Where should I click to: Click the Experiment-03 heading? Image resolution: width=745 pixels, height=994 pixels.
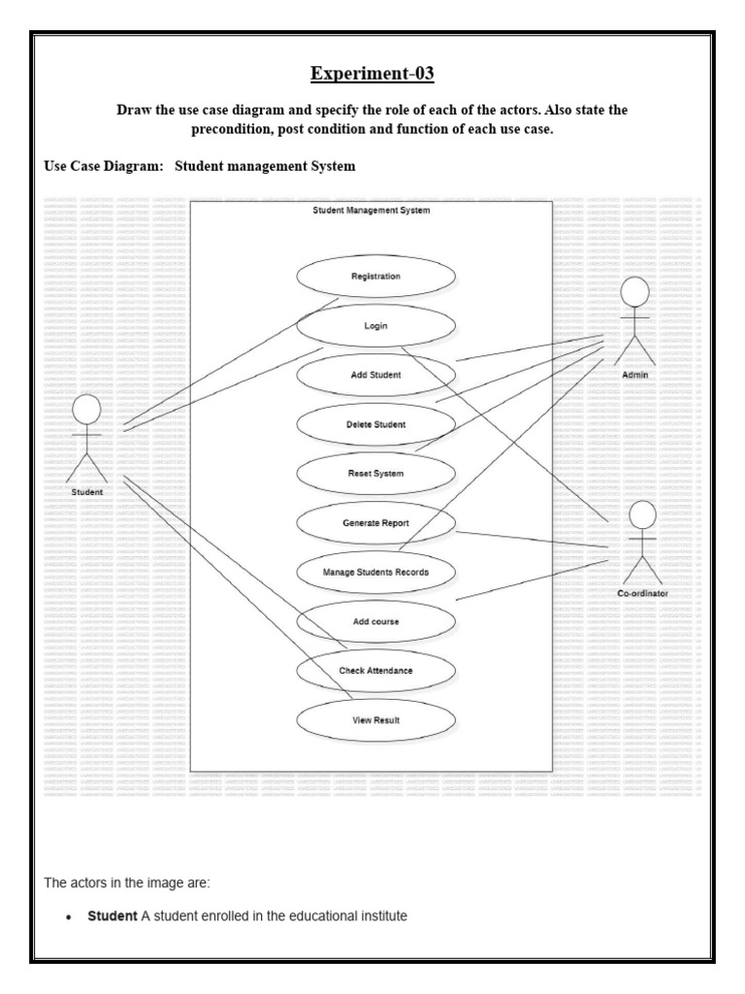point(372,74)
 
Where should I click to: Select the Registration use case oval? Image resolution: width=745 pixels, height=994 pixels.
point(375,277)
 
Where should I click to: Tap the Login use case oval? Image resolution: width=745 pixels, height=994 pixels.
point(375,326)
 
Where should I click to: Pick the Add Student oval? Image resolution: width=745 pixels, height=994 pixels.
point(375,375)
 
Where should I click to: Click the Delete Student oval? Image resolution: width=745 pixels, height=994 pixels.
point(375,424)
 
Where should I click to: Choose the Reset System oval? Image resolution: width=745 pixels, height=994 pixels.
point(375,474)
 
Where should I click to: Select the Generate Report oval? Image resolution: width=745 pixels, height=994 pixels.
point(375,523)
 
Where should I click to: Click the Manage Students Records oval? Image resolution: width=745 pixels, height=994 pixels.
point(375,573)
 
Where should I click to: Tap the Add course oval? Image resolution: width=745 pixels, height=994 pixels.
point(375,621)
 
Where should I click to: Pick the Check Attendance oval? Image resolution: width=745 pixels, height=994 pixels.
point(375,671)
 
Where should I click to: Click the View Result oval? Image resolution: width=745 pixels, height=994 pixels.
point(375,720)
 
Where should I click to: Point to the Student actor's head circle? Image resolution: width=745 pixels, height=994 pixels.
point(87,409)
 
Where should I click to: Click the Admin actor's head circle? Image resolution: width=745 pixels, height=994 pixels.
point(634,291)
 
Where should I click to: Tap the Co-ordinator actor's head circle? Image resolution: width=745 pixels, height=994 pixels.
point(643,515)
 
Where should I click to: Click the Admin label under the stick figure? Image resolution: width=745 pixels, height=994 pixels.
point(635,374)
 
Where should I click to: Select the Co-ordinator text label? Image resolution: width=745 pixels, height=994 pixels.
point(642,593)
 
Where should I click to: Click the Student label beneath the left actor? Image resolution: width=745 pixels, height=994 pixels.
point(87,492)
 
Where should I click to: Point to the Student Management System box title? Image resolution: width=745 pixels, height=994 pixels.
point(372,210)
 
